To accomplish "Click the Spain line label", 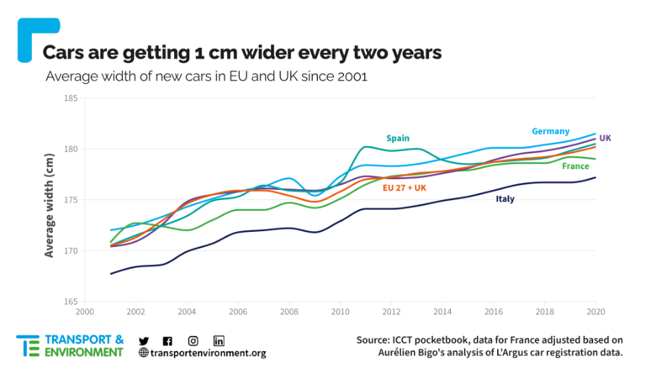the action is pyautogui.click(x=397, y=138).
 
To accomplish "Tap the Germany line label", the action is pyautogui.click(x=551, y=132).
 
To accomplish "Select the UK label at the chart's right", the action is pyautogui.click(x=605, y=138).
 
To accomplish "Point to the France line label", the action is pyautogui.click(x=575, y=166).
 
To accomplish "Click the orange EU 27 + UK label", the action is pyautogui.click(x=405, y=188).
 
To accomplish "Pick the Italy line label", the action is pyautogui.click(x=505, y=199).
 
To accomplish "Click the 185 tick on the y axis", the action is pyautogui.click(x=71, y=98).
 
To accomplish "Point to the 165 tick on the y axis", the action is pyautogui.click(x=71, y=302).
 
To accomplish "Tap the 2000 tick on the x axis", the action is pyautogui.click(x=85, y=311).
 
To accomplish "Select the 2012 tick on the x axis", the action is pyautogui.click(x=391, y=311).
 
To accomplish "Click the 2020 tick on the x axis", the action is pyautogui.click(x=596, y=311).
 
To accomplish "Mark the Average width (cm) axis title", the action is pyautogui.click(x=49, y=206).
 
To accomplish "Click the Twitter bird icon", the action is pyautogui.click(x=144, y=341).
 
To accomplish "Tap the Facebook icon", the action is pyautogui.click(x=168, y=341).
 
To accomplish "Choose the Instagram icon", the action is pyautogui.click(x=193, y=341).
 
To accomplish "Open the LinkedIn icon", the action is pyautogui.click(x=219, y=341).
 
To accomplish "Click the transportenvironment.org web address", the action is pyautogui.click(x=208, y=353).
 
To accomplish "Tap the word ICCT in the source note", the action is pyautogui.click(x=402, y=340).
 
